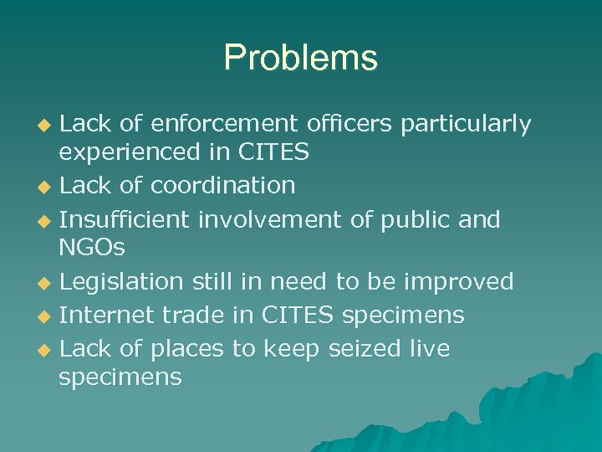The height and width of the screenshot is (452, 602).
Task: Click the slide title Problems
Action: click(300, 58)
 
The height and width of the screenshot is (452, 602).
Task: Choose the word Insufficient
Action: click(125, 219)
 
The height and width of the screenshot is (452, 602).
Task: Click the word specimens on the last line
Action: click(120, 378)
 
